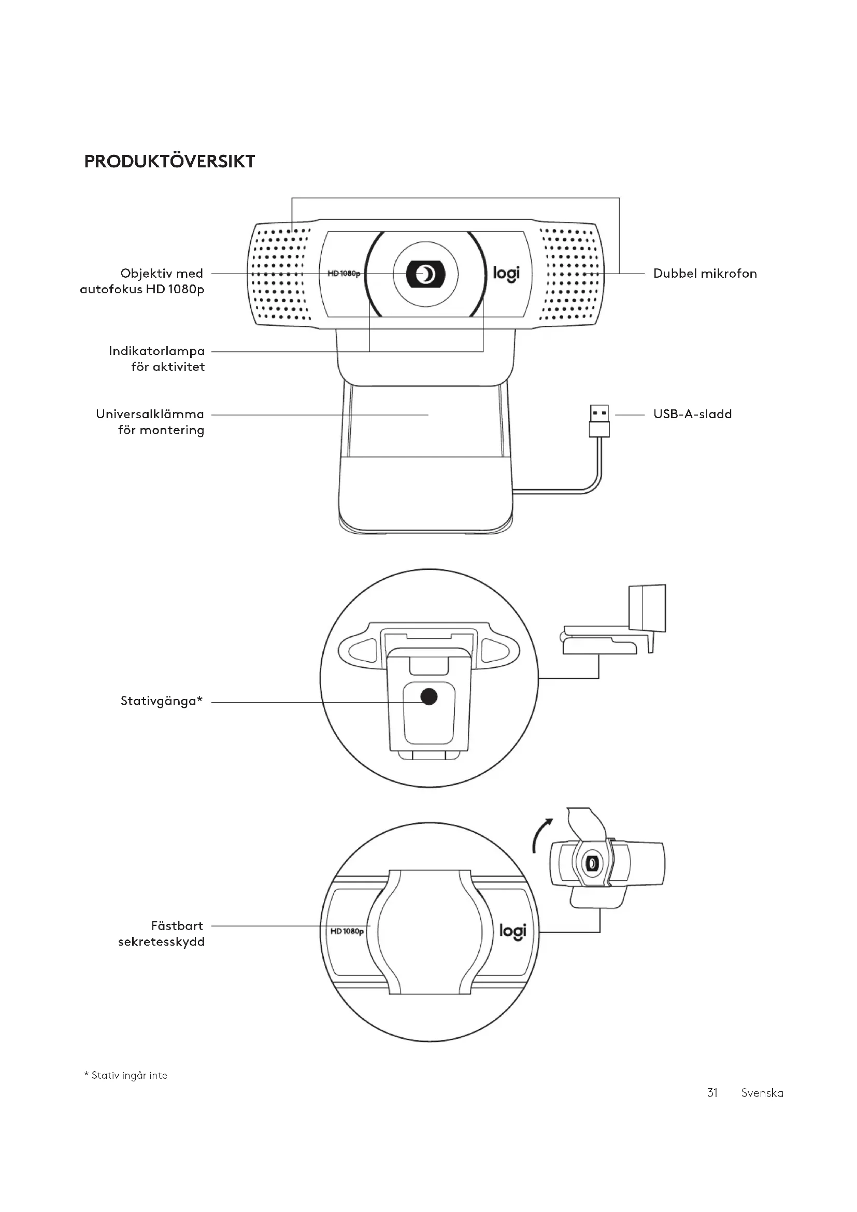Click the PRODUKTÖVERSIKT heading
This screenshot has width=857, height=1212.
click(169, 162)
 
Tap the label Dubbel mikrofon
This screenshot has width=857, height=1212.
click(705, 274)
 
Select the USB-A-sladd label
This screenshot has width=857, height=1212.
click(692, 414)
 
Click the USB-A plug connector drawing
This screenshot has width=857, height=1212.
click(599, 421)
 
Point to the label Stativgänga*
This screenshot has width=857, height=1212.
click(162, 701)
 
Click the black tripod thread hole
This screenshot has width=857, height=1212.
click(429, 697)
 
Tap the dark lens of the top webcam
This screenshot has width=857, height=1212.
click(425, 274)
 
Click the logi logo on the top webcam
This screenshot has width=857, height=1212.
click(506, 274)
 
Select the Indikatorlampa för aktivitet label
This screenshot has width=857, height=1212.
click(156, 359)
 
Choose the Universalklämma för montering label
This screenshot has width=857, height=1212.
click(150, 422)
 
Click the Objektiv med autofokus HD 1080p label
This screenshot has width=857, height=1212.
click(142, 281)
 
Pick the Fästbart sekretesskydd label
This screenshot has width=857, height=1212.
click(162, 934)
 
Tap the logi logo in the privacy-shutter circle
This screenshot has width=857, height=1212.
click(512, 932)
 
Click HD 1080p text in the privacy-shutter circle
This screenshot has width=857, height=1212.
click(347, 931)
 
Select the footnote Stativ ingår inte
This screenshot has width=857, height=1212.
click(126, 1075)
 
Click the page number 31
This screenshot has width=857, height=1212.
click(712, 1093)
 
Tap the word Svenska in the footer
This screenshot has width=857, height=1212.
click(762, 1093)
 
